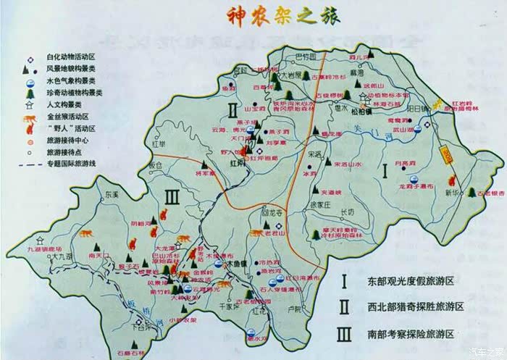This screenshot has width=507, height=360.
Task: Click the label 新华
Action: pos(452,193)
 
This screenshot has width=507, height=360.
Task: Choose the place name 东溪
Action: pos(110,195)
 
